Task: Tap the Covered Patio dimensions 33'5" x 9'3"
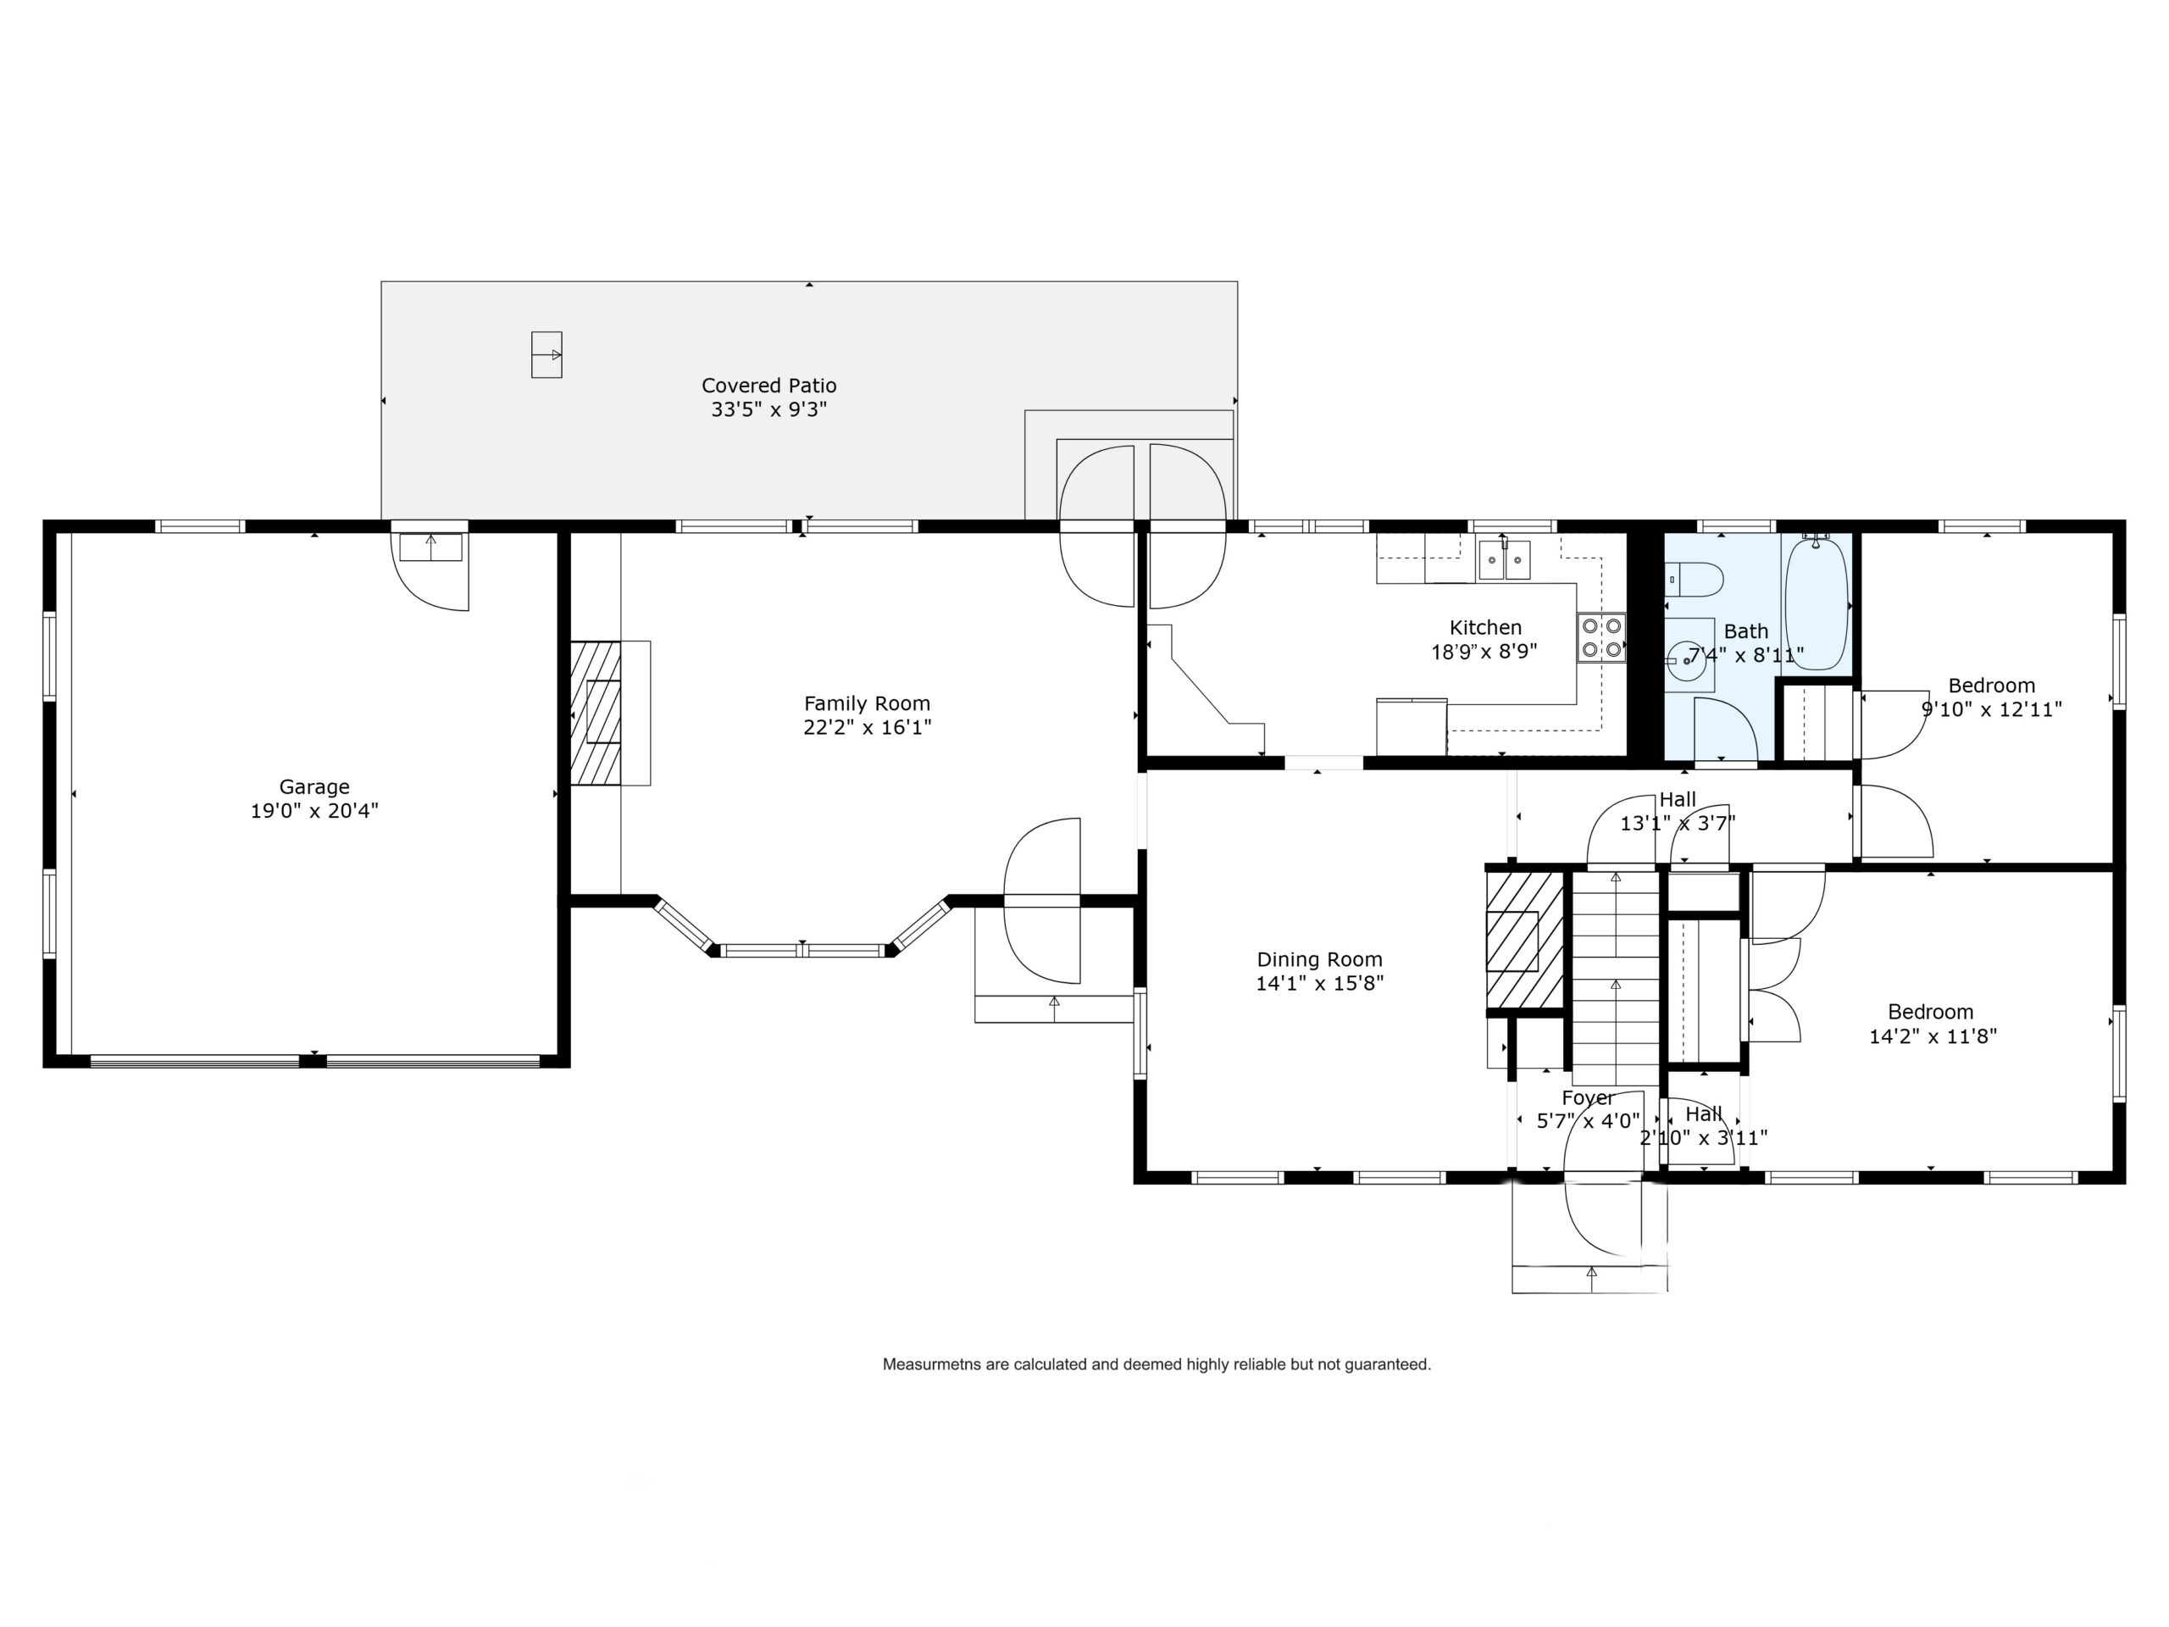768,410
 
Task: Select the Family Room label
867,703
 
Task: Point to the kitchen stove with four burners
1601,637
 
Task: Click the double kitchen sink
1504,561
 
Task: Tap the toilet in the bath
1695,579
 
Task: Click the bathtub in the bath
1816,603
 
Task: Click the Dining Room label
1319,959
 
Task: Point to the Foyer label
1588,1097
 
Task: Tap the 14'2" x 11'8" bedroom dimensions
1933,1036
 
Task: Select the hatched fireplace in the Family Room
596,713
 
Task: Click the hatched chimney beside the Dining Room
1525,941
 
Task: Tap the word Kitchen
1485,628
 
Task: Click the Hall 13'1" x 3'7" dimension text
1677,824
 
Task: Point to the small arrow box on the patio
546,355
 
